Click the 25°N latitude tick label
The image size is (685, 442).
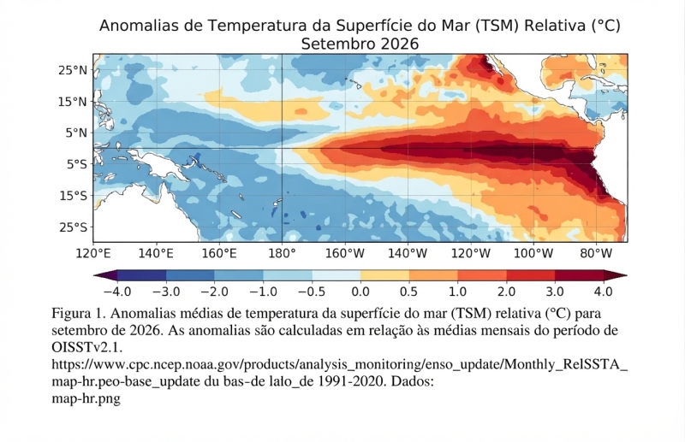(x=73, y=70)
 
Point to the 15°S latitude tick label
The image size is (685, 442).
(x=74, y=196)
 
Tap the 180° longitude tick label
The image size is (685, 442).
(x=283, y=254)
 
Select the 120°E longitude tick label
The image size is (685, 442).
(x=93, y=254)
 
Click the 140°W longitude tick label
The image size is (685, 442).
(x=408, y=254)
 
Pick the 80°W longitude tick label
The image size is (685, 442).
(x=596, y=254)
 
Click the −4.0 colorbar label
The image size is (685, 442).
(x=117, y=292)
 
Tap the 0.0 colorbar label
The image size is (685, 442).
(x=360, y=292)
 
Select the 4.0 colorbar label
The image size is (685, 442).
(x=604, y=292)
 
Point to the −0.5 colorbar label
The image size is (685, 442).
(x=312, y=292)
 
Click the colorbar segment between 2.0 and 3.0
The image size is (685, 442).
(x=531, y=275)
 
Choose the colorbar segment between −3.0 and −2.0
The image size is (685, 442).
(x=190, y=275)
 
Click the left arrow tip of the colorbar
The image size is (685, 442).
(x=94, y=275)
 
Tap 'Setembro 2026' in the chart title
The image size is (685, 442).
(x=360, y=44)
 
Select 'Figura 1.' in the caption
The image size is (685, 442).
(x=79, y=313)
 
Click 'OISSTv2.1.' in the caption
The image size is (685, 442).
(x=87, y=347)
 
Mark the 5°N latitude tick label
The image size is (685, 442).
(x=76, y=133)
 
